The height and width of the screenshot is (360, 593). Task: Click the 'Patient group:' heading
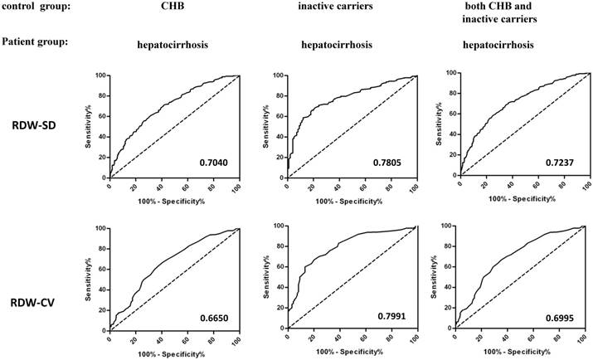(x=34, y=41)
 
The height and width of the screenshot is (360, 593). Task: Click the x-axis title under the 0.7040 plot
(x=174, y=199)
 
